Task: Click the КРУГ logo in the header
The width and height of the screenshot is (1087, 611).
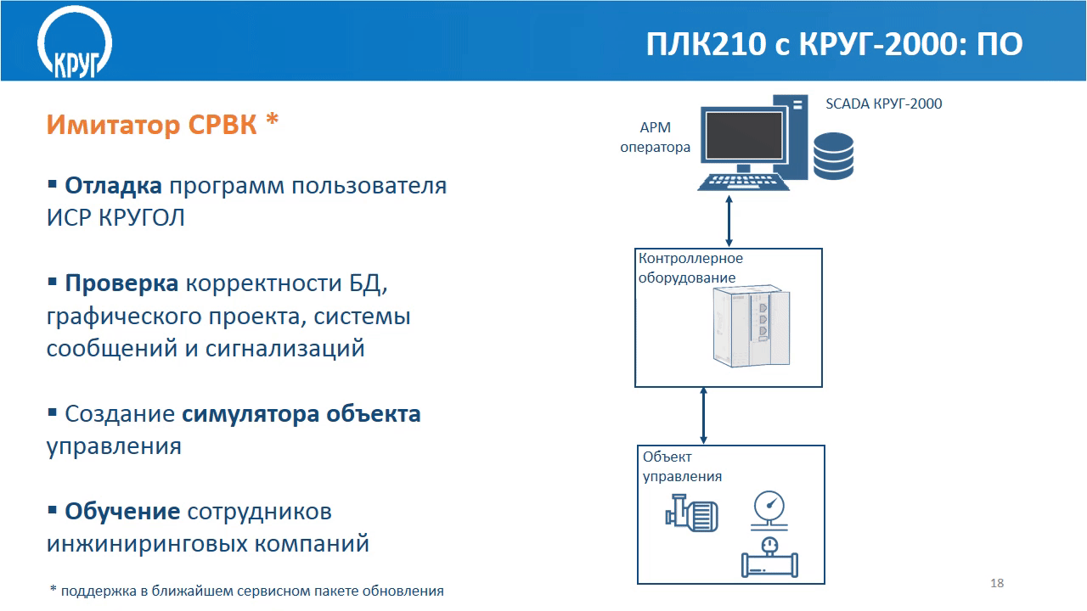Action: click(x=75, y=42)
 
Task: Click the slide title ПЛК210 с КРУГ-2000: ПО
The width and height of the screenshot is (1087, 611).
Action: click(x=834, y=44)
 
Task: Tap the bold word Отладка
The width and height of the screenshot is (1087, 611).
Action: click(x=113, y=186)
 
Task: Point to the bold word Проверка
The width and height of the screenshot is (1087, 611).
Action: click(x=121, y=283)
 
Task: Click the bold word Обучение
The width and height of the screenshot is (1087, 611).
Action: click(x=122, y=511)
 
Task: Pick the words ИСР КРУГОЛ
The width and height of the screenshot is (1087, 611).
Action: click(x=115, y=218)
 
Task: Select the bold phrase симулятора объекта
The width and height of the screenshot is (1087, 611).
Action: click(x=301, y=414)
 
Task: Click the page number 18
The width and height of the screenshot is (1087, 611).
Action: click(x=997, y=583)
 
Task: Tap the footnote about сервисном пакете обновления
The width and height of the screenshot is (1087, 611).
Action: click(x=247, y=591)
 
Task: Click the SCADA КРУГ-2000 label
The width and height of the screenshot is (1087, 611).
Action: click(x=884, y=104)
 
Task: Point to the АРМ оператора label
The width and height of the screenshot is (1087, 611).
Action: click(x=655, y=137)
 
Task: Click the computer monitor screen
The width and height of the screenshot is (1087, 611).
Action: click(x=744, y=136)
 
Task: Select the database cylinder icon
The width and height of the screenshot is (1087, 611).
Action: click(x=833, y=156)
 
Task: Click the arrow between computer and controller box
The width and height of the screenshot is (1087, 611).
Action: click(x=729, y=221)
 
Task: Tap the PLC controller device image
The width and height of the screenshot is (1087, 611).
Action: click(x=752, y=327)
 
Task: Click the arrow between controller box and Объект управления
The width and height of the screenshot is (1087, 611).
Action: click(x=704, y=416)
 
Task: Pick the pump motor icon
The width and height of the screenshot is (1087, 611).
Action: click(x=691, y=513)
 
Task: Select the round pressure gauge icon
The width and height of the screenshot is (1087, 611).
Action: click(x=769, y=510)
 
